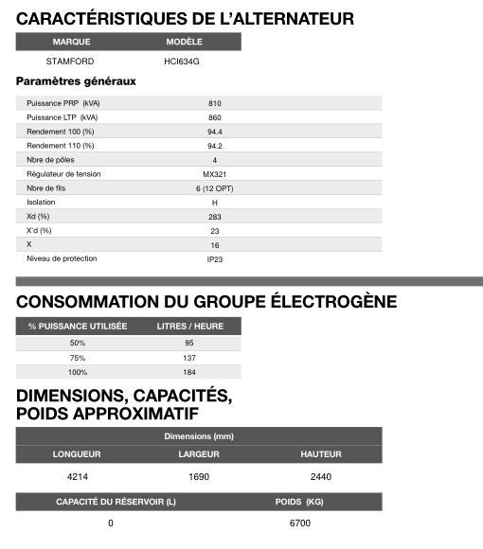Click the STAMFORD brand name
tap(70, 62)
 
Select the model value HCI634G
tap(182, 62)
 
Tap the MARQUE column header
tap(71, 42)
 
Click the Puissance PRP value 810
tap(215, 103)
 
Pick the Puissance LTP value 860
tap(215, 117)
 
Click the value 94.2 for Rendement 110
tap(215, 146)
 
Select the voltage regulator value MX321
tap(215, 174)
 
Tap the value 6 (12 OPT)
tap(215, 188)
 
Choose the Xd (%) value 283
tap(215, 217)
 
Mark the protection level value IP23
tap(215, 258)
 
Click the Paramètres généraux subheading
tap(77, 81)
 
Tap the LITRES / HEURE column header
tap(189, 326)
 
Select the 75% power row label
tap(78, 358)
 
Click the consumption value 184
tap(189, 373)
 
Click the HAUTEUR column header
tap(321, 454)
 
